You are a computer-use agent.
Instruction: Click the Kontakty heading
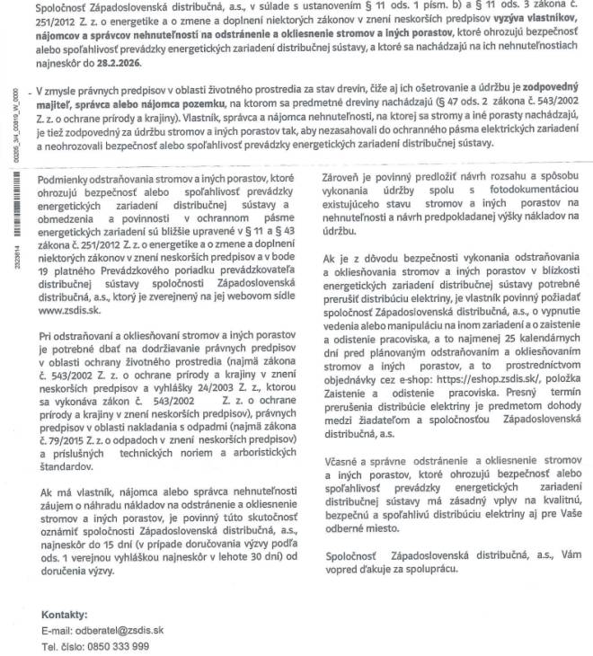(x=66, y=616)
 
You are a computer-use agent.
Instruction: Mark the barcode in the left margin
(x=12, y=201)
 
